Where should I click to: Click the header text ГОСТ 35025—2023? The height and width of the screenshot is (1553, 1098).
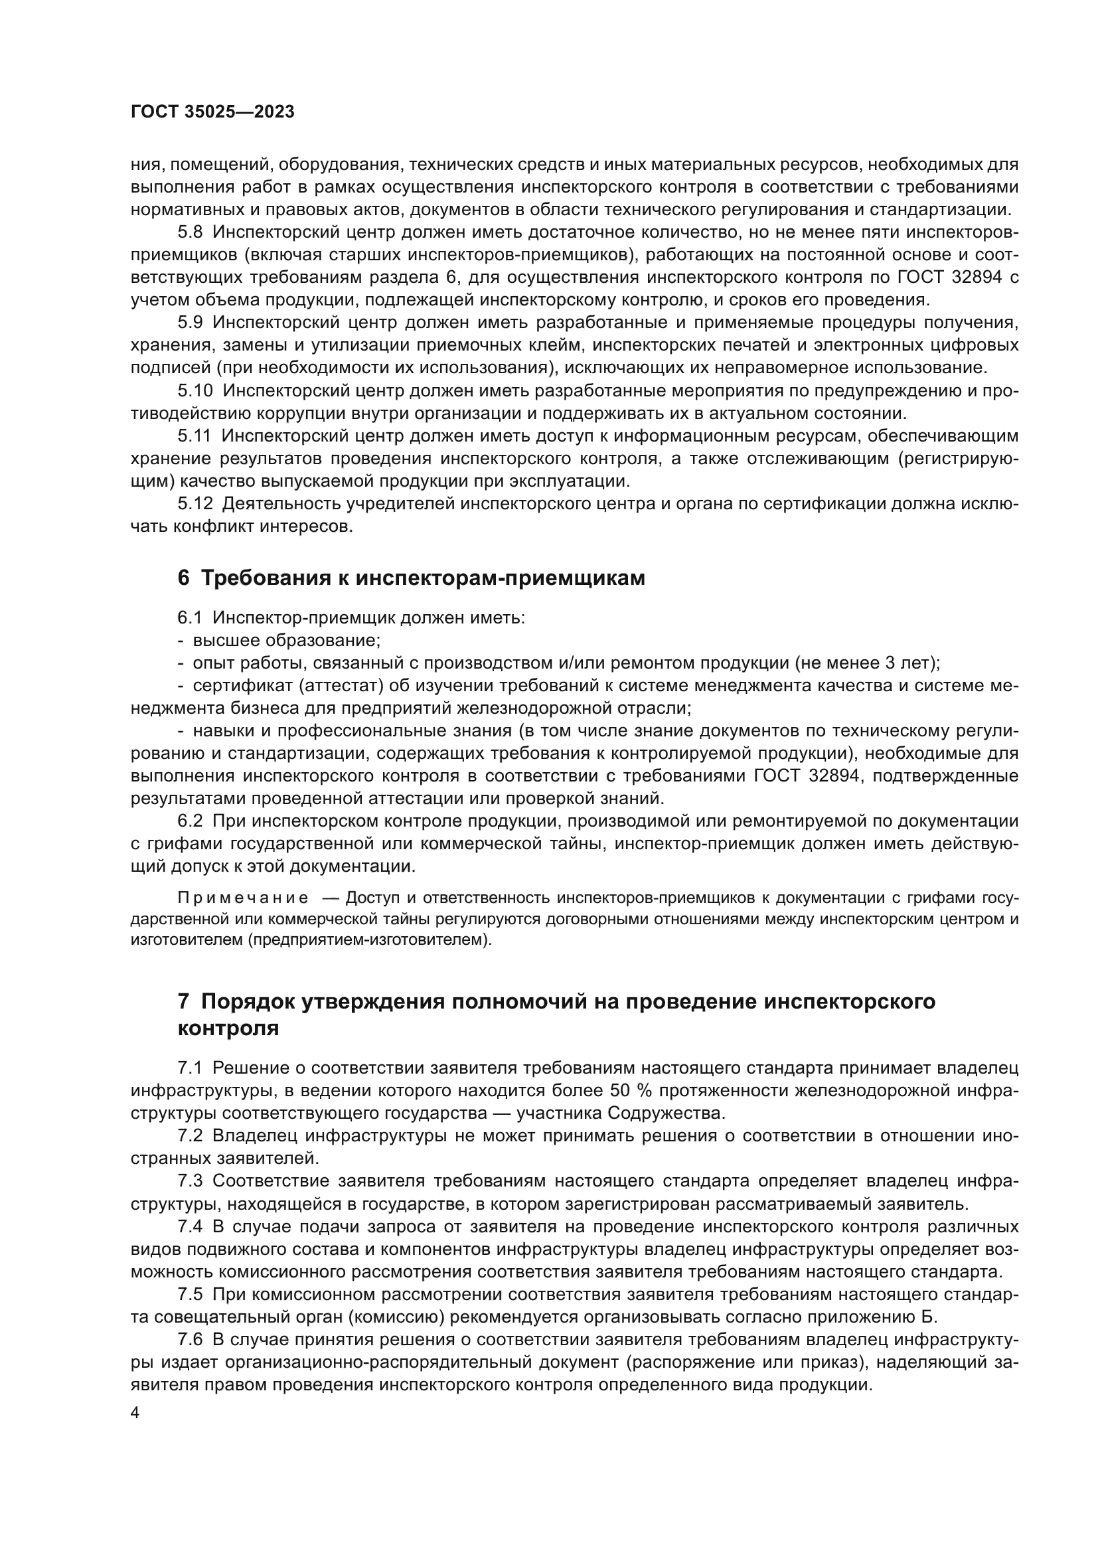click(212, 112)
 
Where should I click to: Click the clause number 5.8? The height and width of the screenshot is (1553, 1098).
click(190, 232)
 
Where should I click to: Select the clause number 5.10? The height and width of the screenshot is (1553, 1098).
click(195, 390)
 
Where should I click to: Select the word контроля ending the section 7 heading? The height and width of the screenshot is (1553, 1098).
click(228, 1028)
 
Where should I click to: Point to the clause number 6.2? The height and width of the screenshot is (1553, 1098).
click(190, 821)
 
